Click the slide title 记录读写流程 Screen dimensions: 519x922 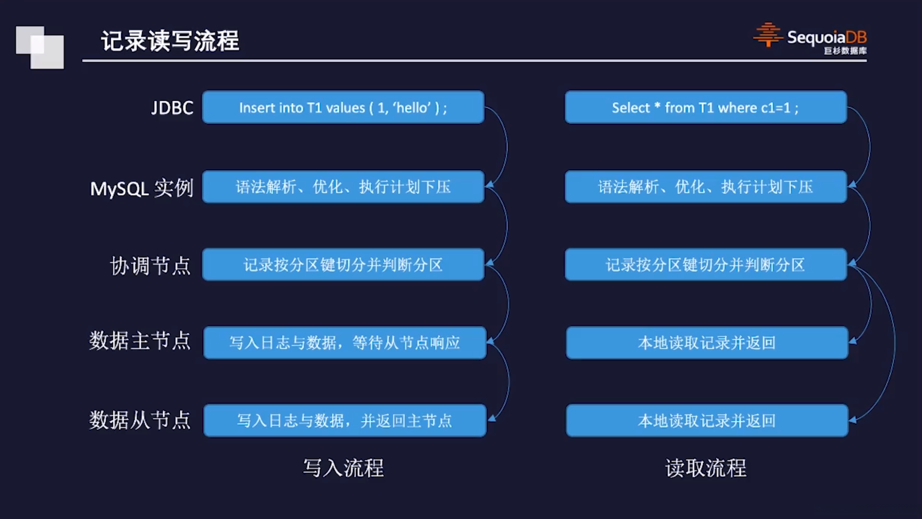click(x=170, y=41)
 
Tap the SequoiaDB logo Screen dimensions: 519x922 click(x=810, y=38)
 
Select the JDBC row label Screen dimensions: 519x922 click(x=172, y=108)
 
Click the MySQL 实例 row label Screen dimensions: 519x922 click(x=142, y=188)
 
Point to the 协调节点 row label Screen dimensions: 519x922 click(x=150, y=266)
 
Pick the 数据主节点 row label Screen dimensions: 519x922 click(x=140, y=341)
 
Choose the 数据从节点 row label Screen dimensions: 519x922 click(x=140, y=420)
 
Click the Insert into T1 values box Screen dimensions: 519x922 click(x=343, y=108)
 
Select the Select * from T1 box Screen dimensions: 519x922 click(x=705, y=108)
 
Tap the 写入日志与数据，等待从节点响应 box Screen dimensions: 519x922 click(x=344, y=343)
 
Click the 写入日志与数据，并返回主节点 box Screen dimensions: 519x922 click(x=344, y=420)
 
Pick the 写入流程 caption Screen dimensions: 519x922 click(x=343, y=468)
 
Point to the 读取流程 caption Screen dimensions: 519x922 click(x=705, y=468)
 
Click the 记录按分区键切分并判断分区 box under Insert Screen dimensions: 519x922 click(x=343, y=265)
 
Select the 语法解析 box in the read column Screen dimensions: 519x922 click(x=705, y=187)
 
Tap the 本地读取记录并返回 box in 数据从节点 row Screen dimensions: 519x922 click(x=706, y=420)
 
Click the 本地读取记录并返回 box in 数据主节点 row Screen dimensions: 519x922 click(x=706, y=343)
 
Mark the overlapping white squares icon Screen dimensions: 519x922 click(x=40, y=47)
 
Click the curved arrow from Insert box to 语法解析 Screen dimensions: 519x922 click(x=506, y=144)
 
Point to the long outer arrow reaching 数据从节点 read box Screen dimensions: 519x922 click(x=894, y=341)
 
